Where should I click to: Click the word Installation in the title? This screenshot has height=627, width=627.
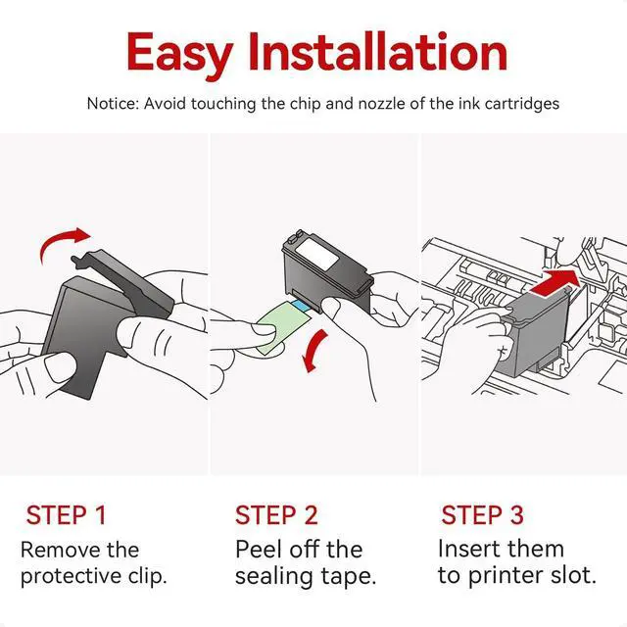click(x=378, y=52)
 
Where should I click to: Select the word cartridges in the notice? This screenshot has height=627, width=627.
click(x=522, y=104)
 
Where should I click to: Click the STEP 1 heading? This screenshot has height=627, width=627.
click(x=66, y=514)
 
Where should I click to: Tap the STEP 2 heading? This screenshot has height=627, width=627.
click(x=276, y=514)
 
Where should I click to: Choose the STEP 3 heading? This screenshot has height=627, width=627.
click(x=482, y=514)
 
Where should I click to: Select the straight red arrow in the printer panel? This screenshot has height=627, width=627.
click(x=555, y=283)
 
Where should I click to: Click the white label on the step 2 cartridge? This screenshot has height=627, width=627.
click(x=317, y=254)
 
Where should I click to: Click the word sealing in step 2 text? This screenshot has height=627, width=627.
click(x=274, y=577)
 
